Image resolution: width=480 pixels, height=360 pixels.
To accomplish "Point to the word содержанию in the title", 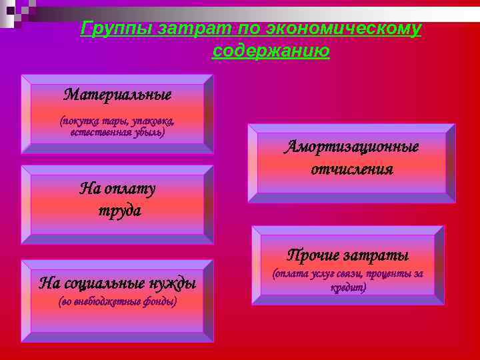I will pos(271,51).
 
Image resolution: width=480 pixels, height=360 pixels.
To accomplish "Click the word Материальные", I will pos(117,94).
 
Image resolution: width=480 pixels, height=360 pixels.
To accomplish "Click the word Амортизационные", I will pos(351,147).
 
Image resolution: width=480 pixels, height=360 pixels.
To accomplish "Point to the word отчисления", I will pos(351,169).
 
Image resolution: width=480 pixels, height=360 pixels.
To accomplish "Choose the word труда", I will pos(117,211).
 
